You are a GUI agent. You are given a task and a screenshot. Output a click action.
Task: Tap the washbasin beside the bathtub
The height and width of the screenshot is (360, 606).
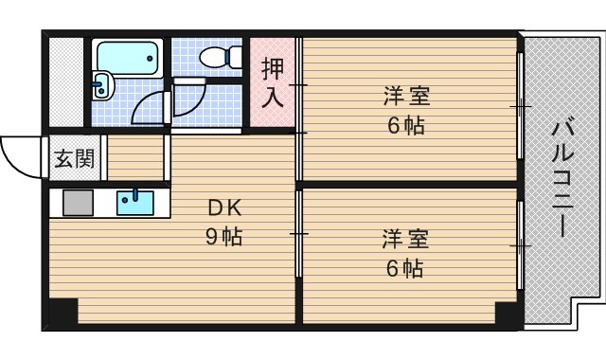(x=101, y=86)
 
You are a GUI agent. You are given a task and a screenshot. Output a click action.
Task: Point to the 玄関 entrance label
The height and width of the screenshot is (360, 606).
(x=73, y=158)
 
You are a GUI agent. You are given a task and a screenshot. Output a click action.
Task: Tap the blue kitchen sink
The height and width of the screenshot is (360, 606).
(x=135, y=202)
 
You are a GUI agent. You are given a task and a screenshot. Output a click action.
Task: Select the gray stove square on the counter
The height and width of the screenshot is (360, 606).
(x=78, y=203)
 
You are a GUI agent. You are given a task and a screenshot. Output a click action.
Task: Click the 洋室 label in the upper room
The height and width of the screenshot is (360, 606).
(x=407, y=97)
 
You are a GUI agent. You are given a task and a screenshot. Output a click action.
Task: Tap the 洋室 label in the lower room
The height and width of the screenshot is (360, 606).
(x=406, y=238)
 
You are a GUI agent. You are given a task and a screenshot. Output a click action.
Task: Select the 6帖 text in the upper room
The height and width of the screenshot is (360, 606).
(x=405, y=125)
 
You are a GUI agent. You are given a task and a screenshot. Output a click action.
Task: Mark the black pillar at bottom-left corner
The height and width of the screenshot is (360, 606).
(x=62, y=314)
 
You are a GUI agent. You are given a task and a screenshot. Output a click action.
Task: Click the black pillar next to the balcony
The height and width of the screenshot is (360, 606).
(x=508, y=314)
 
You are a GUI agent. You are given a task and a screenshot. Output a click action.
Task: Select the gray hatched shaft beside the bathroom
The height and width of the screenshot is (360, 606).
(x=66, y=82)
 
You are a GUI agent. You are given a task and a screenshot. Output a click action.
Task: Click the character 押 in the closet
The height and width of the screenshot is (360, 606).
(x=272, y=70)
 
